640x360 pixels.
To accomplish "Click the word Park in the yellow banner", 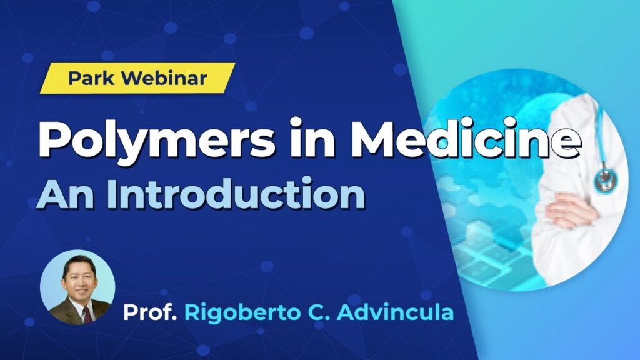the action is [x=91, y=78].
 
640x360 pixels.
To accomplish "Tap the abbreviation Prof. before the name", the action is [x=150, y=312].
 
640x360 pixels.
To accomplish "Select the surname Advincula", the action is [x=396, y=312].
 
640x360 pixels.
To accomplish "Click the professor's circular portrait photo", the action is [x=77, y=287].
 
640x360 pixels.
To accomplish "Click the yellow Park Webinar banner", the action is [x=137, y=78].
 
